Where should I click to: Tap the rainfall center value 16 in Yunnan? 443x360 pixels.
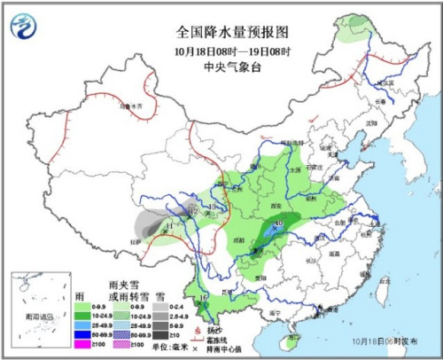point(203,297)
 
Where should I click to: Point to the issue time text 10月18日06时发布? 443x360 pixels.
point(391,341)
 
